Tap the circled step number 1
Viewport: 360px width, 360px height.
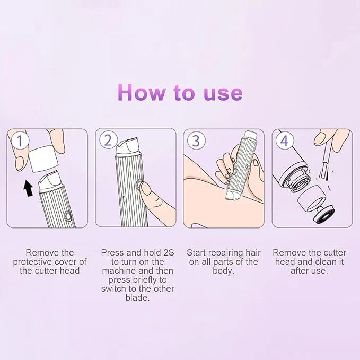coord(20,141)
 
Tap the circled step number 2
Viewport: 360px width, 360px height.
coord(108,141)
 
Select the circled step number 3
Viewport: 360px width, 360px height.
coord(196,141)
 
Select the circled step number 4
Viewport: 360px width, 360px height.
coord(284,141)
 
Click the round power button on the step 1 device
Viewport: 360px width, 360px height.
coord(67,216)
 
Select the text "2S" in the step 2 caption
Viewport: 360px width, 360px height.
coord(161,253)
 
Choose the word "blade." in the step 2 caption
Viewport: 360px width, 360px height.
coord(137,298)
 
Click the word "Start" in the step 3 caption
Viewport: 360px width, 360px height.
coord(198,253)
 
